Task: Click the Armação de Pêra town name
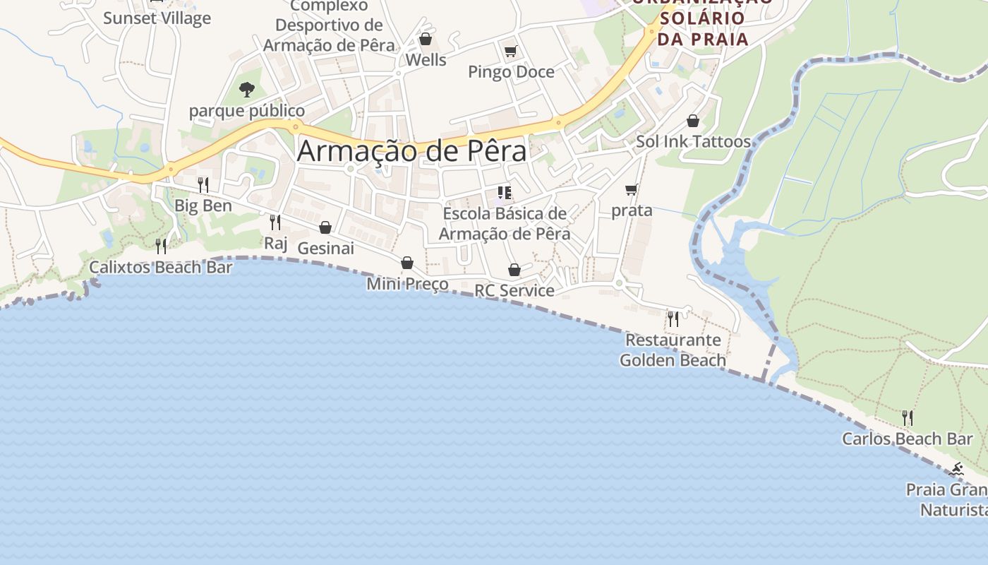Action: click(411, 151)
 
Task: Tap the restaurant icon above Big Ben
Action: click(203, 185)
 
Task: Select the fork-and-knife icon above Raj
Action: click(275, 222)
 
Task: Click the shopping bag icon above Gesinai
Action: click(325, 227)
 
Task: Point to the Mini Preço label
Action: click(407, 284)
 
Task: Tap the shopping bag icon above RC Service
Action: click(514, 270)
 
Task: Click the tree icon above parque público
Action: click(246, 90)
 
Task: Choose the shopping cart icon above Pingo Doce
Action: click(511, 51)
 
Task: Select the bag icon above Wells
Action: click(426, 39)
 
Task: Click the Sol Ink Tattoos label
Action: click(693, 141)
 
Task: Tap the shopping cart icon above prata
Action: click(632, 189)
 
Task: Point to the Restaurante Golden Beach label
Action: click(673, 350)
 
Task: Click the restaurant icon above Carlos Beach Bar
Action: click(908, 418)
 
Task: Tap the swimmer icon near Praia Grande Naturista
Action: click(957, 469)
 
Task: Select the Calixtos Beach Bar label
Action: click(160, 268)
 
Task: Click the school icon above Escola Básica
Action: click(504, 193)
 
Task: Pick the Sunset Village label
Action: click(157, 18)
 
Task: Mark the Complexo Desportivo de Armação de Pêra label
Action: click(329, 25)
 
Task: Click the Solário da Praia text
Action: click(702, 28)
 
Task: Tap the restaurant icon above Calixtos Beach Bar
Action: click(161, 246)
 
